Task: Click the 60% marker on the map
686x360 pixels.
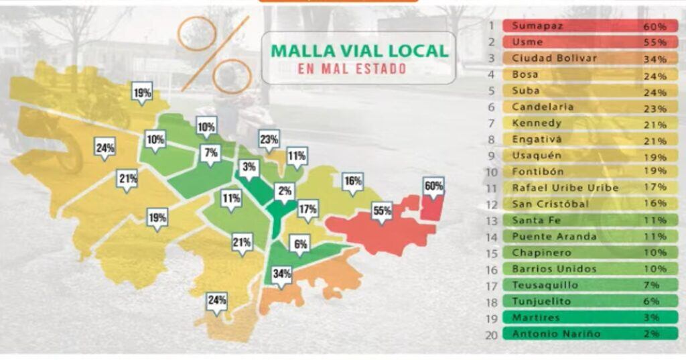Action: click(434, 186)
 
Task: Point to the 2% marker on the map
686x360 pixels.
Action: click(285, 190)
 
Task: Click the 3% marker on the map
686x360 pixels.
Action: click(249, 167)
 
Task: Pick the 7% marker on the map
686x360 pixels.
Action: click(211, 154)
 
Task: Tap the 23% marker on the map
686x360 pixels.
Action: click(269, 140)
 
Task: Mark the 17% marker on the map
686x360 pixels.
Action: click(308, 208)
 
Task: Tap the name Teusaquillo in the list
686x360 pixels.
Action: click(544, 285)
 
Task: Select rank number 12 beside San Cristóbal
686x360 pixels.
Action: click(491, 204)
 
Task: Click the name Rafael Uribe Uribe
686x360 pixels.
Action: click(565, 188)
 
